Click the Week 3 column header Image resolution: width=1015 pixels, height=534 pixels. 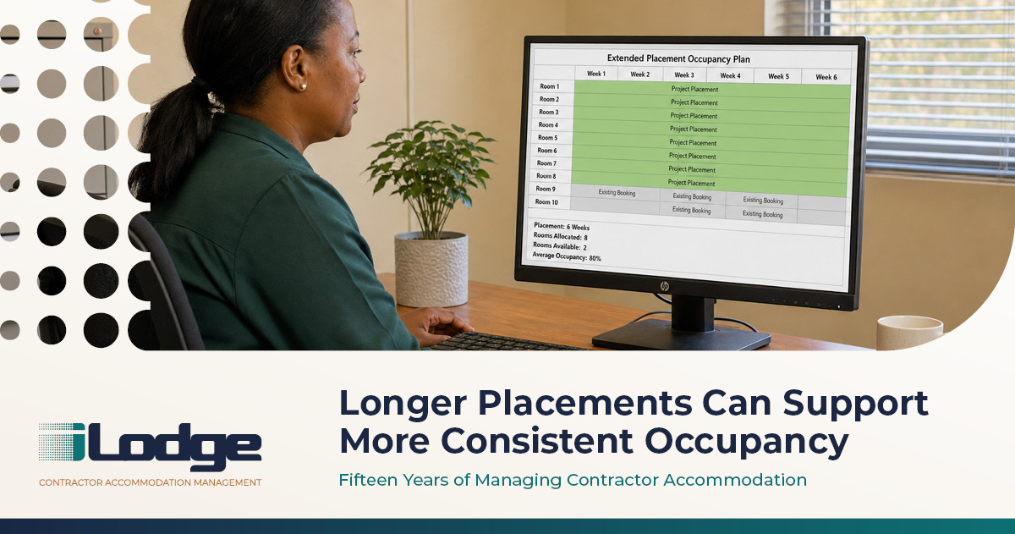[684, 74]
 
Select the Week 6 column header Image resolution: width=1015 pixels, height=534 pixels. [826, 77]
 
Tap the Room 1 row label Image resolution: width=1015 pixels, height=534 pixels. [549, 86]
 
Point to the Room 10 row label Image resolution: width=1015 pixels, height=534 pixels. [546, 201]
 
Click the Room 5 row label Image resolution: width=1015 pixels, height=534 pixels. [548, 137]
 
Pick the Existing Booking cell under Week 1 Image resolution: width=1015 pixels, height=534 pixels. [617, 193]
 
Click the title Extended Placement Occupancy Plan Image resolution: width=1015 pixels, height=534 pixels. [678, 58]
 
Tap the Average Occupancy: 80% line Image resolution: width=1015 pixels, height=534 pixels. [567, 256]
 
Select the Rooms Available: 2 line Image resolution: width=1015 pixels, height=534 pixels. [560, 246]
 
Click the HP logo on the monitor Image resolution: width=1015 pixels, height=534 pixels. [664, 286]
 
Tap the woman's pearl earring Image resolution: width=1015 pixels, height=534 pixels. [303, 86]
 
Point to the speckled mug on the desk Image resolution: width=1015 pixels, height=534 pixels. [909, 333]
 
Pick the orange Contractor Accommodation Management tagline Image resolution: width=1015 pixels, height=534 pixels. [150, 482]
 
